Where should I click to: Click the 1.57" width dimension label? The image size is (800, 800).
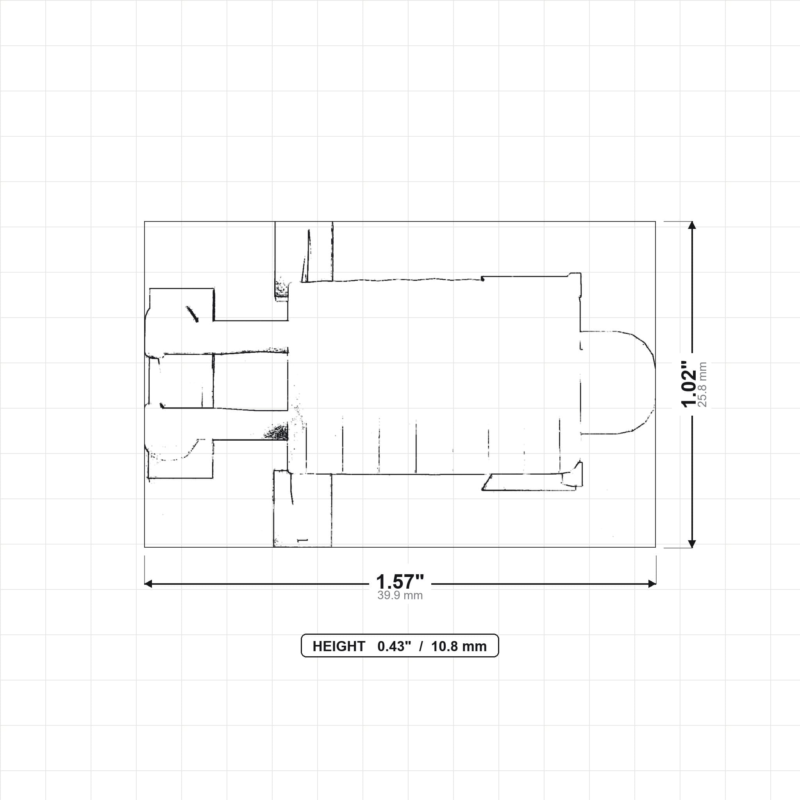coord(400,582)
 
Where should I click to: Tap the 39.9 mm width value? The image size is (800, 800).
coord(400,595)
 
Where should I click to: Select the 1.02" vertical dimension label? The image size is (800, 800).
coord(689,384)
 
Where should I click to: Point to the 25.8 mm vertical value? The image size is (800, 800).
coord(703,384)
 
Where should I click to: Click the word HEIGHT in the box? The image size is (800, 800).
coord(339,646)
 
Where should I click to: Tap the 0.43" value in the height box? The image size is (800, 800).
coord(394,646)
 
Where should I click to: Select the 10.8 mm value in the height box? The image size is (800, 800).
coord(459,646)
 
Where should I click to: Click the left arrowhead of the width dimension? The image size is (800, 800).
coord(148,584)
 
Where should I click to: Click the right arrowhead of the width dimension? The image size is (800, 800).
coord(652,584)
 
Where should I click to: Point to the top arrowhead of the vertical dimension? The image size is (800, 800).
coord(691,225)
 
